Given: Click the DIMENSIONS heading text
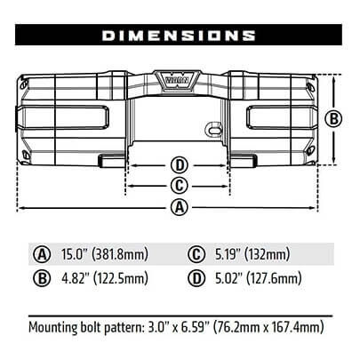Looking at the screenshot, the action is [x=179, y=36].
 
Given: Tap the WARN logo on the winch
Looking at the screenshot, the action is [x=177, y=80].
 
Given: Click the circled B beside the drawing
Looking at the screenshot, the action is [x=333, y=119].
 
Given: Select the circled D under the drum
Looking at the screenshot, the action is [x=180, y=165].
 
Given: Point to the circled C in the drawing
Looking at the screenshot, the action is [x=180, y=186].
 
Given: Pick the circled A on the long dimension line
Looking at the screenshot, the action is [x=180, y=207].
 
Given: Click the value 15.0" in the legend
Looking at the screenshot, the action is [x=74, y=254].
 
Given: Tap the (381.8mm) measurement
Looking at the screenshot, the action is [x=120, y=254].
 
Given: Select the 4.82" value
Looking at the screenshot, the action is [x=76, y=278].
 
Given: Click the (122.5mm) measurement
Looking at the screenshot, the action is [x=121, y=278].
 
